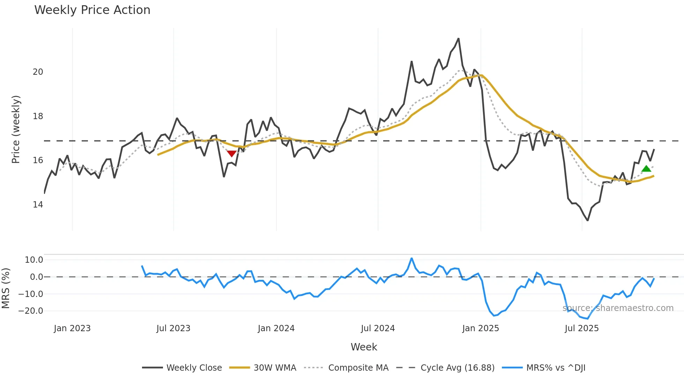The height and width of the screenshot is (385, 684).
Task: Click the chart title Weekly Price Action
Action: click(92, 10)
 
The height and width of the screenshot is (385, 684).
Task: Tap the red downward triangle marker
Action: click(231, 153)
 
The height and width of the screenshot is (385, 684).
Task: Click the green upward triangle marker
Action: click(646, 169)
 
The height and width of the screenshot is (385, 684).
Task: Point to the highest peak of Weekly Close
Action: click(458, 39)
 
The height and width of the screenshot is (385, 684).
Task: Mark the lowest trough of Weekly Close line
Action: click(588, 220)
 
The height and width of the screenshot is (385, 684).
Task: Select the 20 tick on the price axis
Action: click(38, 72)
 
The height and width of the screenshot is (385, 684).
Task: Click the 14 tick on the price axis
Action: click(38, 205)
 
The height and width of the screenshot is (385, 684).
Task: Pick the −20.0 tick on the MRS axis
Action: click(31, 311)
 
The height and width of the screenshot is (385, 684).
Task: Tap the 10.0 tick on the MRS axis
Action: click(34, 260)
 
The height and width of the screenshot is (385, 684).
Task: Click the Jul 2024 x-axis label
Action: click(378, 328)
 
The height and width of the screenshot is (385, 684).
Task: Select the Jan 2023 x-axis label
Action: click(72, 328)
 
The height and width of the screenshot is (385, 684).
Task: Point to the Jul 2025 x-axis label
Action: click(582, 328)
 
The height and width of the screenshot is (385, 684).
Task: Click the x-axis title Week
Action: click(364, 347)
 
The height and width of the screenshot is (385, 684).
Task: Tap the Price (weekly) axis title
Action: click(16, 129)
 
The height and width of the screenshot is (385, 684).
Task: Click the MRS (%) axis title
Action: click(6, 288)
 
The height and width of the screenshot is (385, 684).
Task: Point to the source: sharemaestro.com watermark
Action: click(618, 308)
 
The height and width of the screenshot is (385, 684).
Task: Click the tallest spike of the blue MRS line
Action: click(412, 259)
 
